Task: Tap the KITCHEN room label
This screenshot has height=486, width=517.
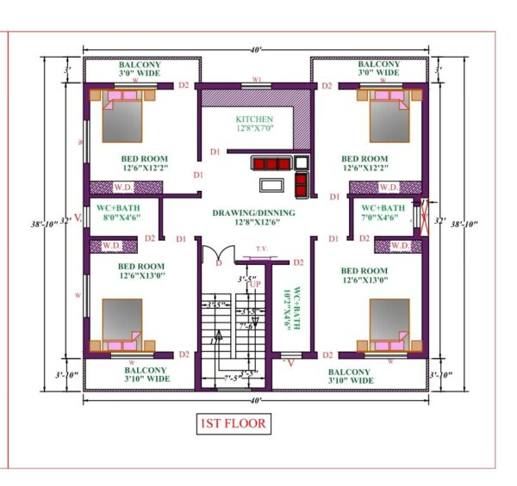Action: click(x=254, y=119)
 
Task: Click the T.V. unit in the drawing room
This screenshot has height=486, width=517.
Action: click(x=262, y=255)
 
